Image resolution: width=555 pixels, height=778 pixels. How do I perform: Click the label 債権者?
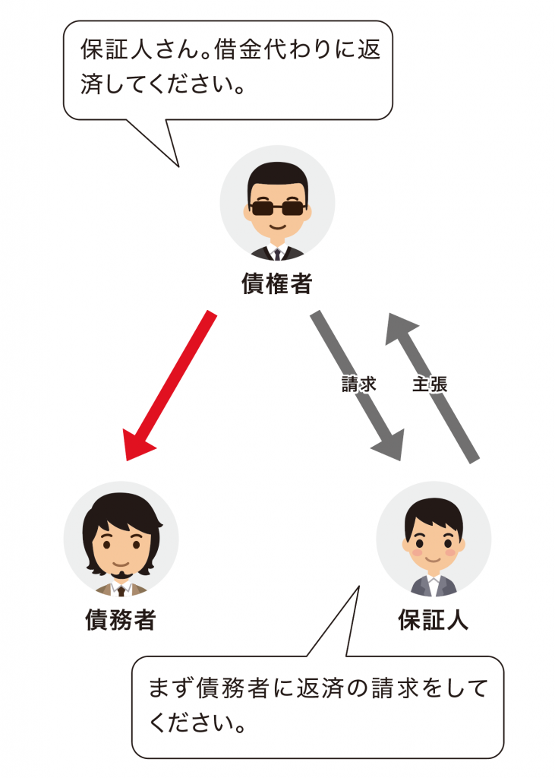click(x=277, y=284)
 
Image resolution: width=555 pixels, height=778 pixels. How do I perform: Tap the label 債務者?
click(x=121, y=620)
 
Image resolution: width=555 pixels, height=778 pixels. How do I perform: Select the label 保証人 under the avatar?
click(x=434, y=620)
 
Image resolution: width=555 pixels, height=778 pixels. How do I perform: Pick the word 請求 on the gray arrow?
click(x=358, y=384)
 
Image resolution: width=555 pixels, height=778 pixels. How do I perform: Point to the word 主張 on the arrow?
click(x=430, y=384)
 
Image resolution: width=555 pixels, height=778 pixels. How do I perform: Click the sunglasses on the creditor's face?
click(x=277, y=207)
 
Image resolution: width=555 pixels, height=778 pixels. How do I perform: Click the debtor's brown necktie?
click(x=121, y=590)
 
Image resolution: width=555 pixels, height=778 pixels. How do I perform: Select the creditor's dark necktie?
click(x=277, y=255)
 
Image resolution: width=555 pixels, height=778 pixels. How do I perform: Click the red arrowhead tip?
click(x=127, y=460)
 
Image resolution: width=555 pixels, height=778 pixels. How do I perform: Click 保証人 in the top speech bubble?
click(x=117, y=49)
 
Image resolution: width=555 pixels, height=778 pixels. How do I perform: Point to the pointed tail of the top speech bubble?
click(x=178, y=166)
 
